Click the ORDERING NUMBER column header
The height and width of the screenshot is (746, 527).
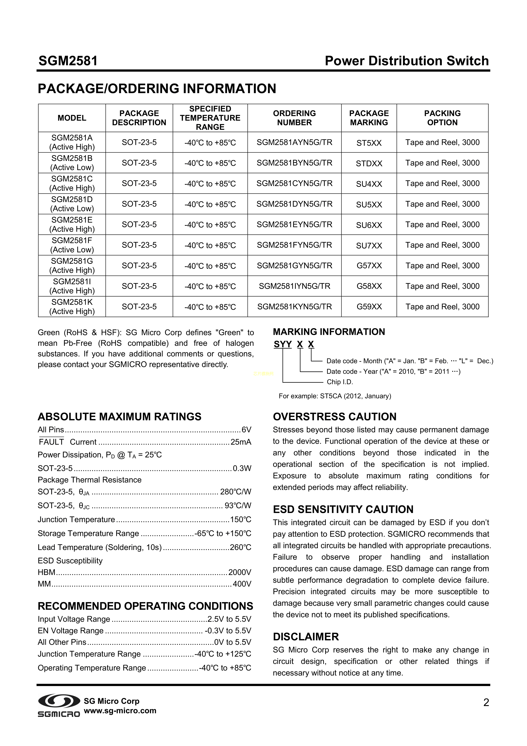pos(294,118)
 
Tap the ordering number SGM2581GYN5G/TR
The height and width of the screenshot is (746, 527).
pos(294,266)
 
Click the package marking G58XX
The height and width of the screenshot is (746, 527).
pos(369,286)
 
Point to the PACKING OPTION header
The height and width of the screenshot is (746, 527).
pos(442,118)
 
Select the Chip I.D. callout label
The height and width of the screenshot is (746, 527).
pos(340,382)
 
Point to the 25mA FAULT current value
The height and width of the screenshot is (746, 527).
pos(241,442)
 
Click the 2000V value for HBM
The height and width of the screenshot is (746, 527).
pos(240,572)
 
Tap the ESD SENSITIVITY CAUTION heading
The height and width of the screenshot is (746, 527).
pos(343,509)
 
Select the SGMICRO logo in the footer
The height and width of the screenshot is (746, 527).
pos(59,706)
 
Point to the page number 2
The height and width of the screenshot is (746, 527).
pos(486,703)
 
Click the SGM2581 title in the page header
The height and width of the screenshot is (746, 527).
pos(68,61)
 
